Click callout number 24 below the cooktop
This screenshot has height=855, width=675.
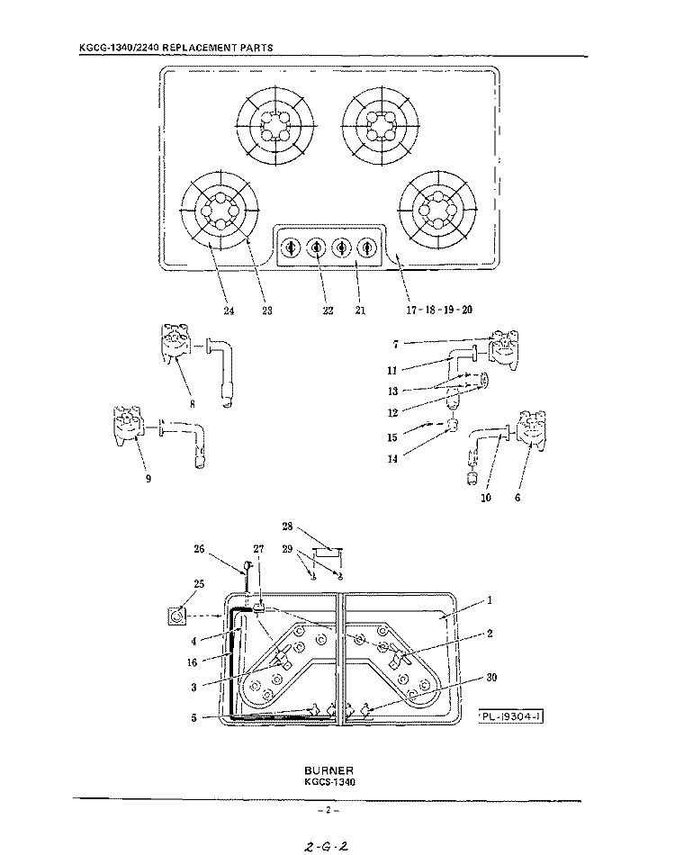(x=229, y=310)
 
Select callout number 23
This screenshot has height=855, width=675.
(x=266, y=310)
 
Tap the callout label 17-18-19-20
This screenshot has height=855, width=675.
(x=439, y=310)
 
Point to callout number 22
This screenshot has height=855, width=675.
(x=327, y=310)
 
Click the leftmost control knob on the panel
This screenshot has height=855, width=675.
(x=291, y=248)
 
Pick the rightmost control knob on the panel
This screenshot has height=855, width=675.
(x=366, y=248)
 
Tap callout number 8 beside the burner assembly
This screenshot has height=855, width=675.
(x=193, y=404)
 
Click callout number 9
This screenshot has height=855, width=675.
(x=148, y=479)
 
